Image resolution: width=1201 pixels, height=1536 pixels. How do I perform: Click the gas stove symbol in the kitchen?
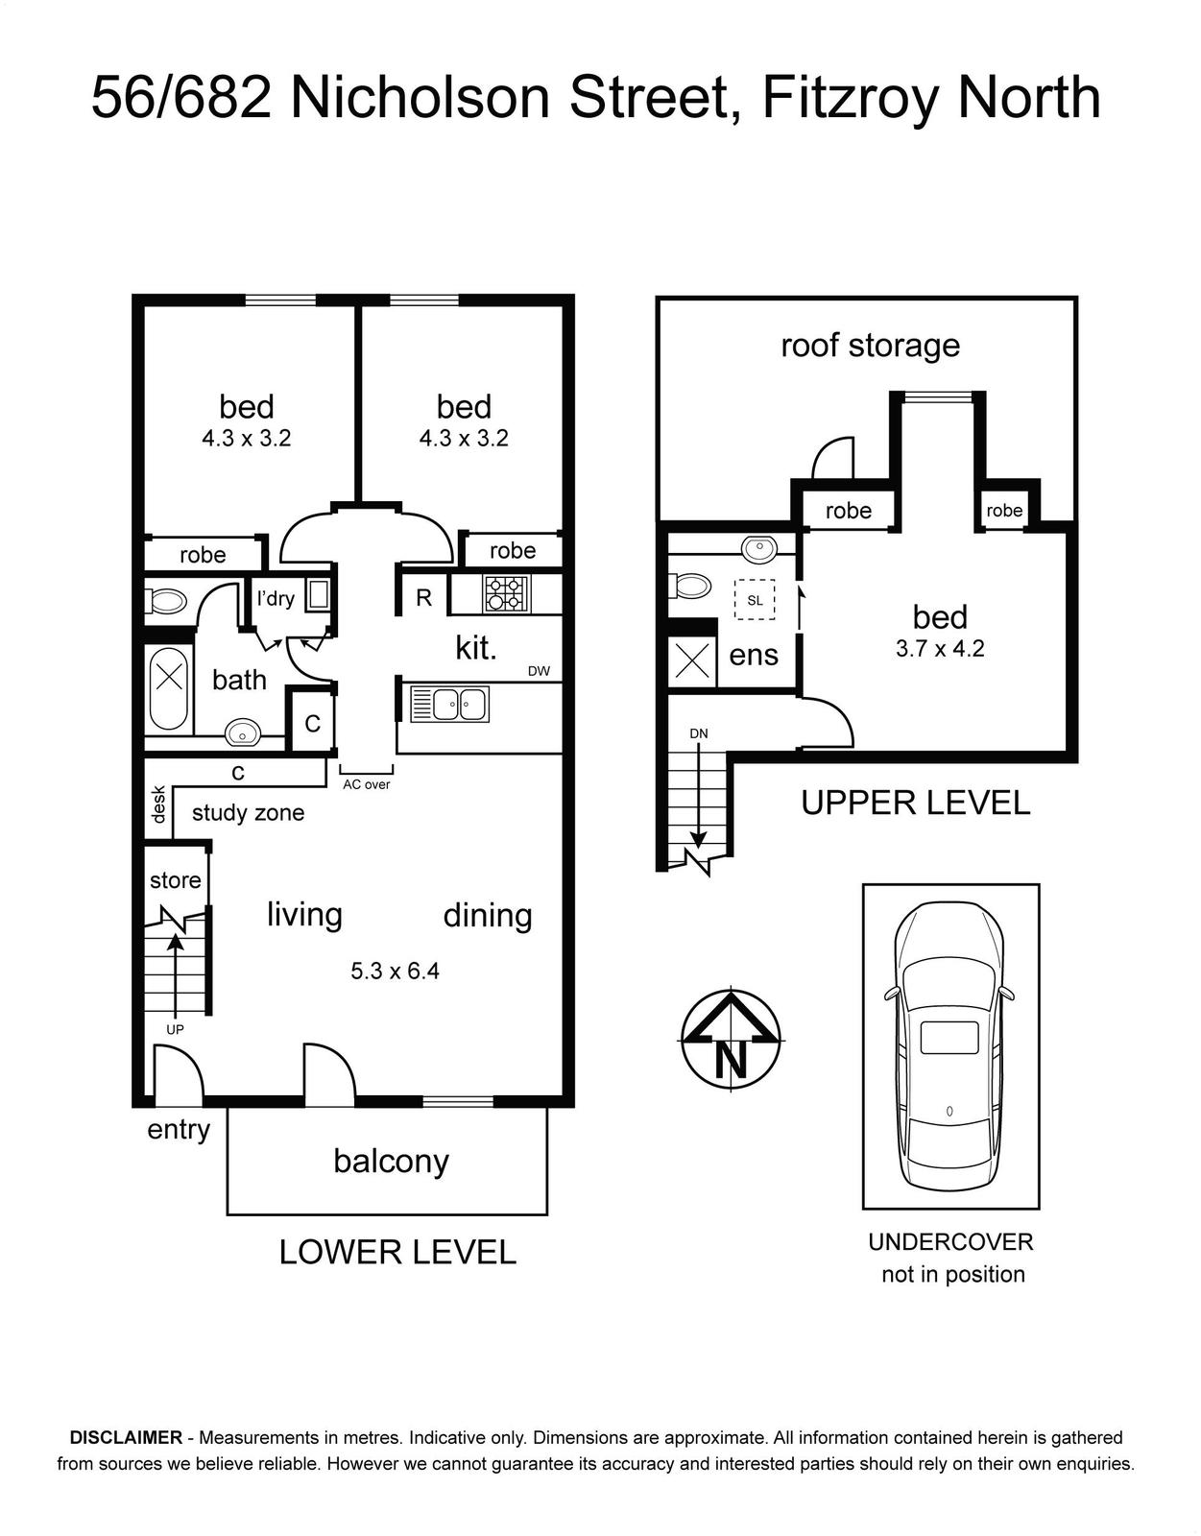point(505,593)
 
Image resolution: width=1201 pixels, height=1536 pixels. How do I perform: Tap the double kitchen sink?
point(450,704)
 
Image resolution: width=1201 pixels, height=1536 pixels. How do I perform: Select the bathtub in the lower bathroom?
point(169,690)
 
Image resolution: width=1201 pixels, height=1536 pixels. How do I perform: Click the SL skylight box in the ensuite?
point(755,600)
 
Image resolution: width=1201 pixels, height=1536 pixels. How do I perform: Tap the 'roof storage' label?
point(870,346)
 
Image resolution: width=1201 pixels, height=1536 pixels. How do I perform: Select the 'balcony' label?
point(391,1162)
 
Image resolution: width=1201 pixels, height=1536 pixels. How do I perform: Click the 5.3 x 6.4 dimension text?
point(396,971)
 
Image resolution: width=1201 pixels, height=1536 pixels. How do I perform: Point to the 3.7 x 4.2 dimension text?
point(940,648)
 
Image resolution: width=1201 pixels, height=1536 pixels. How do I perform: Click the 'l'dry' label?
point(275,599)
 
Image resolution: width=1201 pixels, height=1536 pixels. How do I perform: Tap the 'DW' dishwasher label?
point(539,671)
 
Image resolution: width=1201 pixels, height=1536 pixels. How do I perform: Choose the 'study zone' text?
point(248,812)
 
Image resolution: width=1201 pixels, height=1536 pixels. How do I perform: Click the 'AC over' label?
point(366,784)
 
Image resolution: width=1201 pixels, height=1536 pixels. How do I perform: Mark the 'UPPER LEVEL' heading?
point(916,803)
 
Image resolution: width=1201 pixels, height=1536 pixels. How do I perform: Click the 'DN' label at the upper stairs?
point(698,733)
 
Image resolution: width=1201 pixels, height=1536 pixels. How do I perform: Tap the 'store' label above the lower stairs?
point(176,880)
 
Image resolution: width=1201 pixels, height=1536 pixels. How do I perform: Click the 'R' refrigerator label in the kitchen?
point(423,598)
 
